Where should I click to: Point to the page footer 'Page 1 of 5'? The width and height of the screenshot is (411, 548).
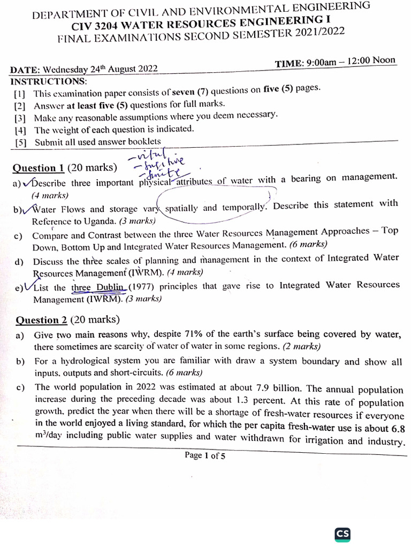[x=205, y=455]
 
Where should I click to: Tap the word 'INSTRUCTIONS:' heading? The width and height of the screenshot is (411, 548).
[x=48, y=81]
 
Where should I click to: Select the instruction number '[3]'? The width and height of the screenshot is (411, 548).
[x=20, y=118]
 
